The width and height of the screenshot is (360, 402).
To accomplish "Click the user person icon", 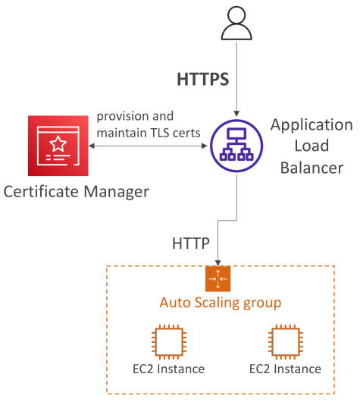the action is pos(236,23).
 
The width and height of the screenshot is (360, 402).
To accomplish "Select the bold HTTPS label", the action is pos(203,79).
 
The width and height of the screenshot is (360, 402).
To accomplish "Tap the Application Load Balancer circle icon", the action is pos(236,146).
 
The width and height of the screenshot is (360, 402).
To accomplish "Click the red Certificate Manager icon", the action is pos(58,146).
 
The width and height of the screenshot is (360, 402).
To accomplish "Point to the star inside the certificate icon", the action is pos(58,143).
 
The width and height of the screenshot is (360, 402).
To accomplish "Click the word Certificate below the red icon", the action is pos(41,191).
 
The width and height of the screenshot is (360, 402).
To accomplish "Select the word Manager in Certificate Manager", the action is pos(117,192).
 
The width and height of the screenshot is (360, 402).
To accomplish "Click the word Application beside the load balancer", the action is pos(311,125).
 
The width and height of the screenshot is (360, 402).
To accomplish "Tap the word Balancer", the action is pos(311,168).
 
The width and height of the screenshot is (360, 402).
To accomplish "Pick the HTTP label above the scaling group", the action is pos(191,243).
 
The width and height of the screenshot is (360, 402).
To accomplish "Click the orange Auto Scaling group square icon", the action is pos(218,278).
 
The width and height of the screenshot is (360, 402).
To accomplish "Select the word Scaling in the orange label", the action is pos(217,303).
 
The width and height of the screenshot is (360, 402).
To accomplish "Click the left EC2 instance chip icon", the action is pos(169,341).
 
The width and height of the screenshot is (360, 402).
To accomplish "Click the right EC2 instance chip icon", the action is pos(286,341).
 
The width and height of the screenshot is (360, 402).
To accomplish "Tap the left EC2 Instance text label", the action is pos(168,369).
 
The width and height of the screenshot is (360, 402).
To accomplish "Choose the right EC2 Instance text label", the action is pos(285,369).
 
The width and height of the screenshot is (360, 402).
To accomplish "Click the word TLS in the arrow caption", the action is pos(161,133).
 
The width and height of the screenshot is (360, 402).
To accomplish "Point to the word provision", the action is pos(123,117).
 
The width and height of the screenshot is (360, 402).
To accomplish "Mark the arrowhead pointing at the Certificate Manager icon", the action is pos(92,146).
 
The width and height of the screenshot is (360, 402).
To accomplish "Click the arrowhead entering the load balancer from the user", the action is pos(236,114).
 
